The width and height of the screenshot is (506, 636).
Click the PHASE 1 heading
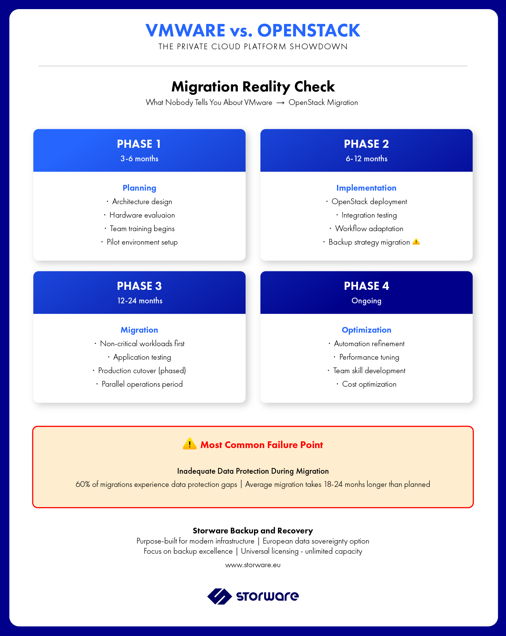point(139,144)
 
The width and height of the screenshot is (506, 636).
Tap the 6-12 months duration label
point(366,159)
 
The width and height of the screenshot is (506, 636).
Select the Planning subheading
point(139,188)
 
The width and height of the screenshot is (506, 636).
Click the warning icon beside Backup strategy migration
point(416,242)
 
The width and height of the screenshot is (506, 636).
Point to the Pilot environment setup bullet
point(142,242)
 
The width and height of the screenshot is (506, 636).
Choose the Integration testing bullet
point(369,215)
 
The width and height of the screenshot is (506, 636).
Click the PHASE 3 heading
point(139,286)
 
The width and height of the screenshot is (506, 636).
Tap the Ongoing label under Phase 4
point(366,301)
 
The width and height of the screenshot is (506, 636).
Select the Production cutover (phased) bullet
point(142,371)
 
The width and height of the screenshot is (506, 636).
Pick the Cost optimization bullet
point(369,384)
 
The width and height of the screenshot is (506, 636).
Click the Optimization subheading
point(366,330)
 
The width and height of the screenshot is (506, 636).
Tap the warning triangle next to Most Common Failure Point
point(190,444)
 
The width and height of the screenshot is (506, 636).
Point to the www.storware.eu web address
point(253,565)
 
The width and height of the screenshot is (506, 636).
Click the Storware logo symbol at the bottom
point(219,596)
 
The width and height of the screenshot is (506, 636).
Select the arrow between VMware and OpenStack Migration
point(280,103)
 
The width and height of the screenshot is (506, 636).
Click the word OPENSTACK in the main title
point(309,30)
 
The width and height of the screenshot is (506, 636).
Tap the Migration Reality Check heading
point(253,87)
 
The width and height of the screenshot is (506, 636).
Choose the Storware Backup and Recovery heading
point(253,531)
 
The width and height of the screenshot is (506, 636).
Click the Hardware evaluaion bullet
point(142,215)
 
